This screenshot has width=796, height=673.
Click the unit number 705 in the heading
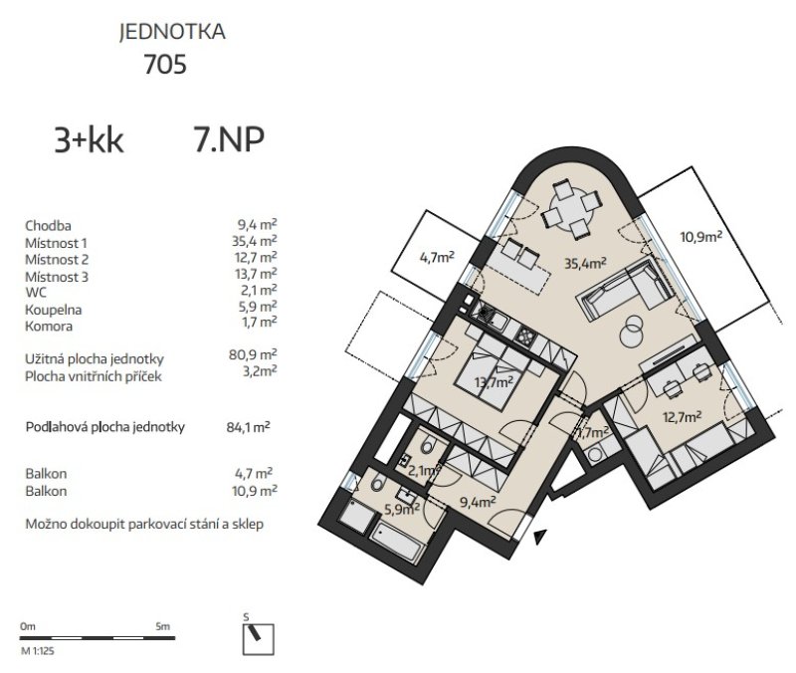pyautogui.click(x=165, y=64)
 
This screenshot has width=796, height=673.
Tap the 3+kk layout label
pyautogui.click(x=89, y=140)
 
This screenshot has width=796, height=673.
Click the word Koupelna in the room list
pyautogui.click(x=54, y=310)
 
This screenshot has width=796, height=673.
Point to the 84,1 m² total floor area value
pyautogui.click(x=248, y=427)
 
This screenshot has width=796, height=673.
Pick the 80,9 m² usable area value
pyautogui.click(x=253, y=354)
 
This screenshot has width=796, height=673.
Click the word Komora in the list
pyautogui.click(x=49, y=327)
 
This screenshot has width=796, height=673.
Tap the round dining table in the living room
pyautogui.click(x=571, y=210)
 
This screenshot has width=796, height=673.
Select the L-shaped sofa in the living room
pyautogui.click(x=625, y=289)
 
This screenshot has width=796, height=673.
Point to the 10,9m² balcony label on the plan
pyautogui.click(x=701, y=237)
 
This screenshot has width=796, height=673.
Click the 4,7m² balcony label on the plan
pyautogui.click(x=437, y=257)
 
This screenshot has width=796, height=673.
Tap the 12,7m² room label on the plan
pyautogui.click(x=682, y=417)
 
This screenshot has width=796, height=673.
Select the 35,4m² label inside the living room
pyautogui.click(x=586, y=263)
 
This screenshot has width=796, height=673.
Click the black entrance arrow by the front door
pyautogui.click(x=540, y=537)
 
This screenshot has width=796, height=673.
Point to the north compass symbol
pyautogui.click(x=259, y=638)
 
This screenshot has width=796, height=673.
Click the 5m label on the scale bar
pyautogui.click(x=163, y=626)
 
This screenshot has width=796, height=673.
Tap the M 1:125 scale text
pyautogui.click(x=38, y=651)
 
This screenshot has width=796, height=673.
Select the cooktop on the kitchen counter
pyautogui.click(x=524, y=335)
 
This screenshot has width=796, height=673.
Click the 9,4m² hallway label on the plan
pyautogui.click(x=478, y=503)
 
